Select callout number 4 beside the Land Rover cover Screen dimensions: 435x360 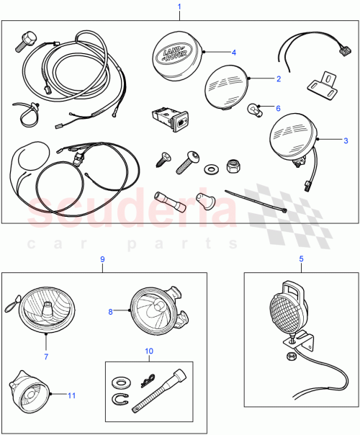[233, 52]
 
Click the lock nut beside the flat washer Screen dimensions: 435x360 [233, 165]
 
